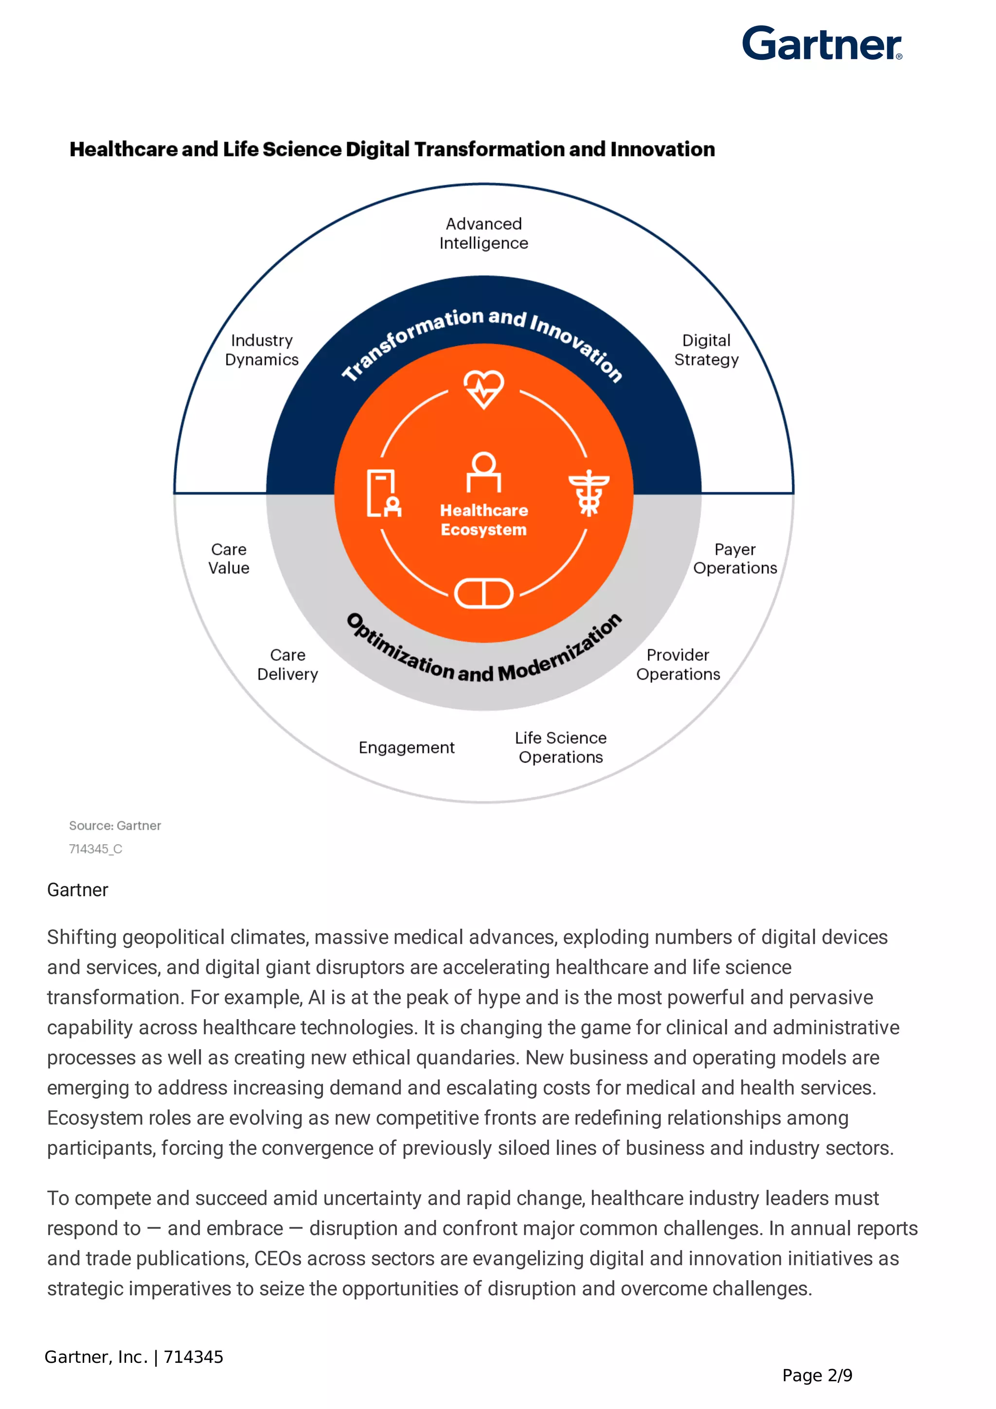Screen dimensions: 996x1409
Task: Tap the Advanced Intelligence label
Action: [x=483, y=233]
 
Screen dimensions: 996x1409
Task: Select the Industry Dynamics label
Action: [x=262, y=350]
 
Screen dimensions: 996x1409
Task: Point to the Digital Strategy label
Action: [x=706, y=350]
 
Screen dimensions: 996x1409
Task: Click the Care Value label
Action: [x=229, y=559]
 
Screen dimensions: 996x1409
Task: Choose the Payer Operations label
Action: [x=735, y=559]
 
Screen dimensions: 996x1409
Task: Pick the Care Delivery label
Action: [x=287, y=665]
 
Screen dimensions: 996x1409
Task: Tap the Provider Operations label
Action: [x=678, y=665]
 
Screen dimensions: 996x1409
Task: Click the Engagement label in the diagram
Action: [x=406, y=747]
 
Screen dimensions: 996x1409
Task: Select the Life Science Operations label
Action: [x=561, y=747]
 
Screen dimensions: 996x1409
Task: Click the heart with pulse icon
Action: [x=483, y=388]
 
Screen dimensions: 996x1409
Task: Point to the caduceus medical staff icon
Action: [x=588, y=492]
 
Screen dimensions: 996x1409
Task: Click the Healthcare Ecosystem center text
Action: [x=483, y=520]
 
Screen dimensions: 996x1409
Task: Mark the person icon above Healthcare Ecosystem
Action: [x=483, y=472]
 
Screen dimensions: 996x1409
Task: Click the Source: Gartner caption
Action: [x=115, y=826]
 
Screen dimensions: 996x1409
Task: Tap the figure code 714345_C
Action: [x=96, y=849]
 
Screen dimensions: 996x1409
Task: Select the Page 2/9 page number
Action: [x=817, y=1376]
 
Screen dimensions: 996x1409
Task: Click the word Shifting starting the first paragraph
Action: [x=82, y=938]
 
